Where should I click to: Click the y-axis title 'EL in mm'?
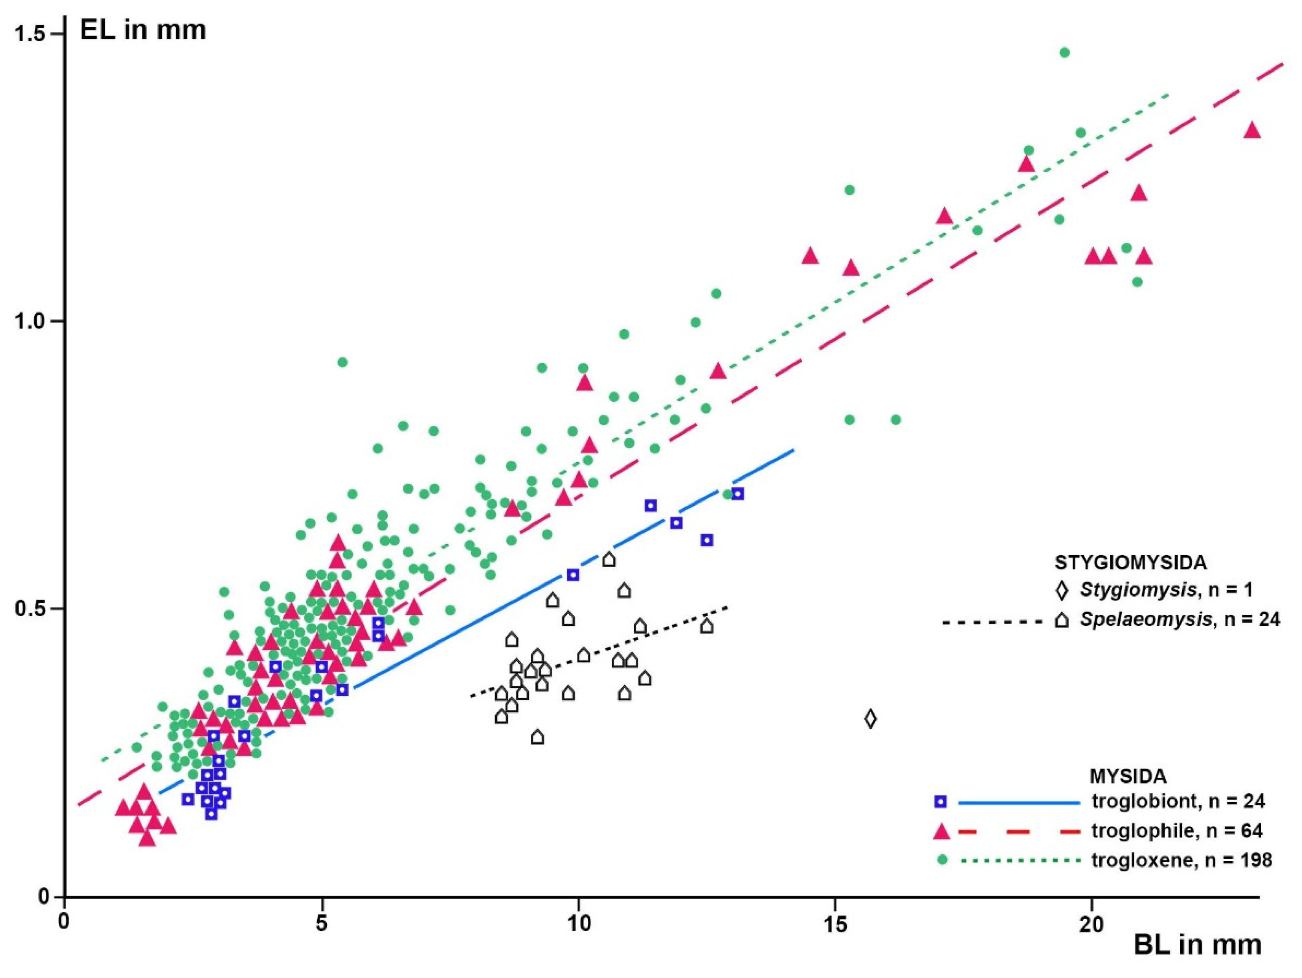[x=143, y=30]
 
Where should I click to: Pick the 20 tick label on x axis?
[x=1092, y=924]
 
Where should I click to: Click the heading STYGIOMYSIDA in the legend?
[x=1130, y=563]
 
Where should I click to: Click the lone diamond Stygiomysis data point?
[x=870, y=719]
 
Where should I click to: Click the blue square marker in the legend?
[x=940, y=801]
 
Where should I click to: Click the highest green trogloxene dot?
[x=1064, y=53]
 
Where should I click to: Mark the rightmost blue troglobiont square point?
[x=737, y=494]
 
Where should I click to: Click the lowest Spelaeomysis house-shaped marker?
[x=537, y=738]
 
